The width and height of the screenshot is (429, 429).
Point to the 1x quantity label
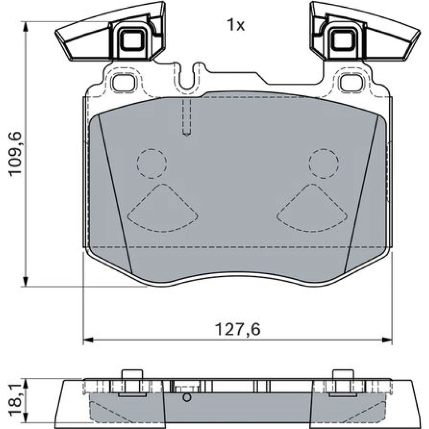pos(236,25)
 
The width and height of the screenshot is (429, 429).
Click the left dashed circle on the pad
pos(152,163)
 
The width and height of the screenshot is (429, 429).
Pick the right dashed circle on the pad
pos(324,163)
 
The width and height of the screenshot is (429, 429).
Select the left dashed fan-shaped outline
pos(163,208)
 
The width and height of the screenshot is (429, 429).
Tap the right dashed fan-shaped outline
pos(312,208)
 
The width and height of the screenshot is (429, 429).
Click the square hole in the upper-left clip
pos(132,40)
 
